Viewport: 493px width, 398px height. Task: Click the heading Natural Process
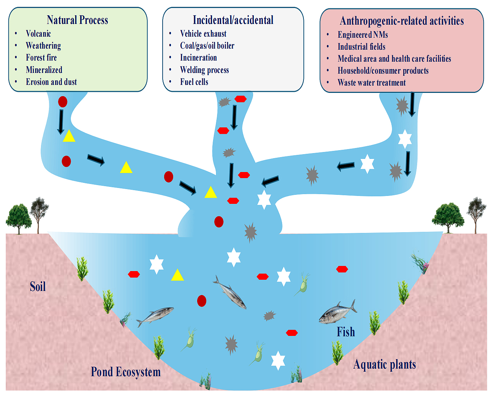(77, 20)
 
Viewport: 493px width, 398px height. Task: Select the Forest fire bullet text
(41, 58)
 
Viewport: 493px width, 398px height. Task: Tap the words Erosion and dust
(51, 82)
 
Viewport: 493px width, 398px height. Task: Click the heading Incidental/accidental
(233, 20)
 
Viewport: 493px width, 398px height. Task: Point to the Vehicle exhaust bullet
(203, 34)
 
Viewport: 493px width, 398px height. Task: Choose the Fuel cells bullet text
(194, 82)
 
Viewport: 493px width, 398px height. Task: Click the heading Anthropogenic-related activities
(402, 21)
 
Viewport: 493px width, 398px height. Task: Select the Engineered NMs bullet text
(363, 35)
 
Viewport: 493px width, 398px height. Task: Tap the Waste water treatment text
(371, 83)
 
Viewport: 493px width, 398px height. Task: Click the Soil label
(38, 287)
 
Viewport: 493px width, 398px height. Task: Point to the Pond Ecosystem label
(126, 372)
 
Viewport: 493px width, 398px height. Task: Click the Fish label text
(346, 332)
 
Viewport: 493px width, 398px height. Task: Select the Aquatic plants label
(384, 364)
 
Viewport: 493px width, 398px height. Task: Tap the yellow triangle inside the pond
(177, 275)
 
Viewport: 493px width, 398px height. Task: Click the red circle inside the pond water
(201, 301)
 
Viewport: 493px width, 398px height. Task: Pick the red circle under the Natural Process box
(63, 102)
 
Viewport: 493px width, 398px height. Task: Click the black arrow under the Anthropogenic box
(412, 104)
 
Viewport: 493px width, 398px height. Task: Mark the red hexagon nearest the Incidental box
(240, 99)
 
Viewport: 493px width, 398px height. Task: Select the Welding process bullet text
(204, 70)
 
